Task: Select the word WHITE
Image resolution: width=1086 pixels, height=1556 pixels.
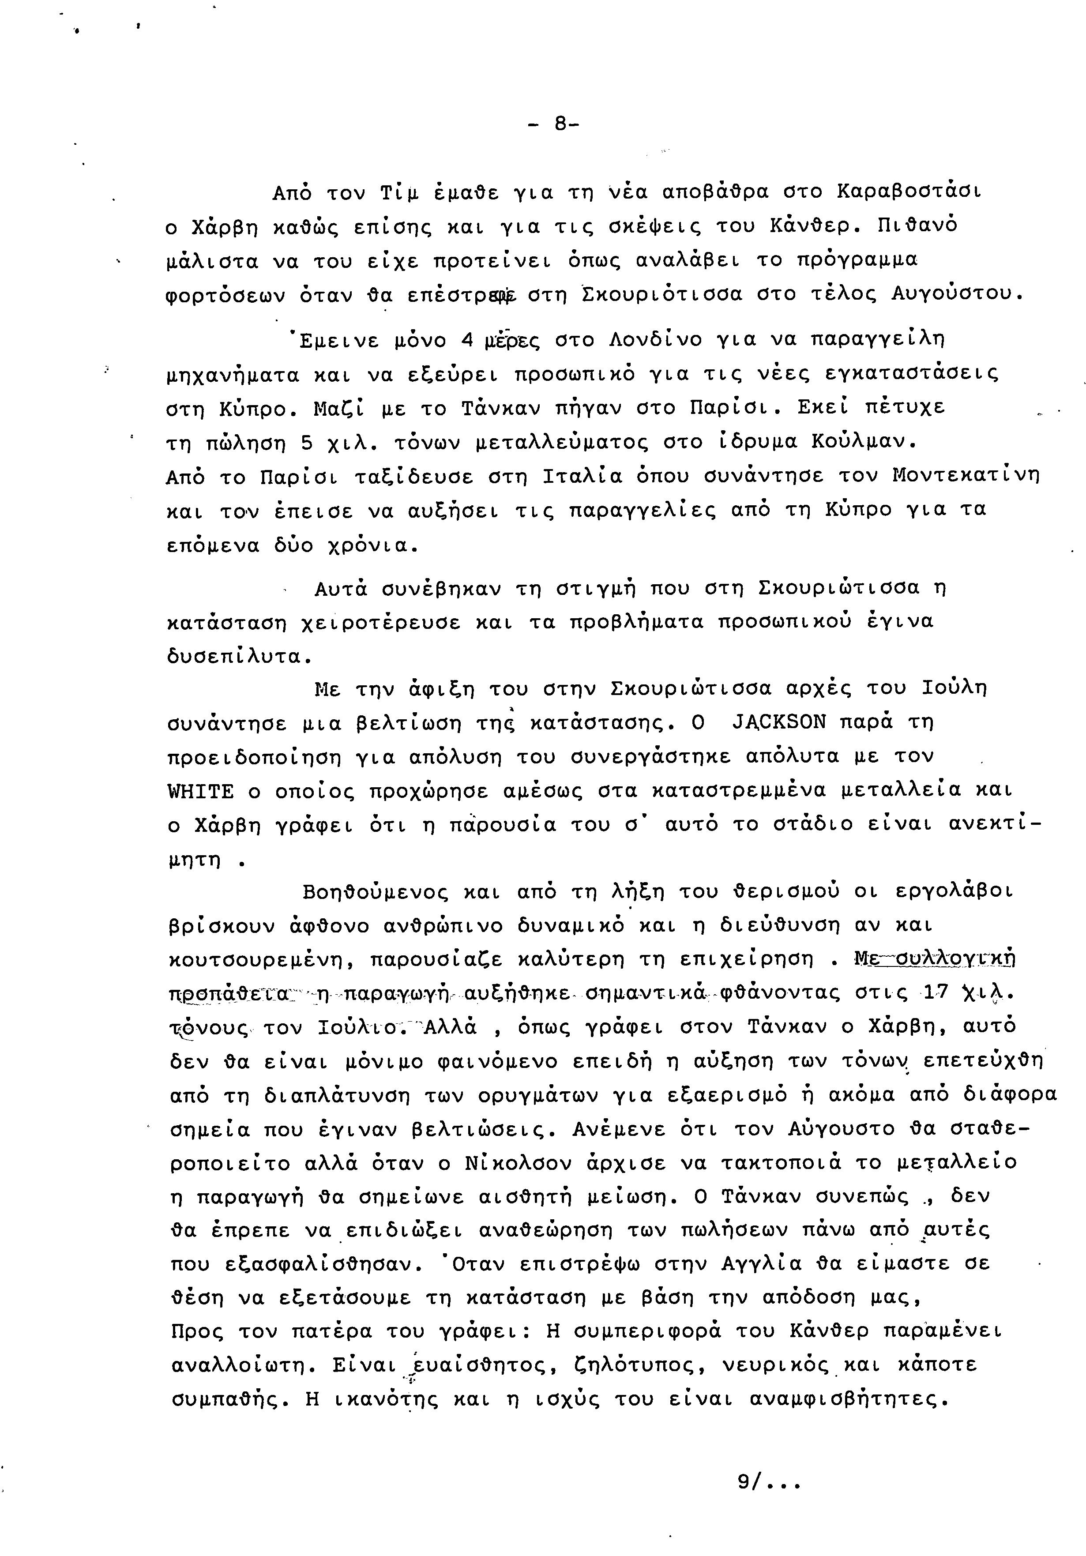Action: pyautogui.click(x=200, y=792)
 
